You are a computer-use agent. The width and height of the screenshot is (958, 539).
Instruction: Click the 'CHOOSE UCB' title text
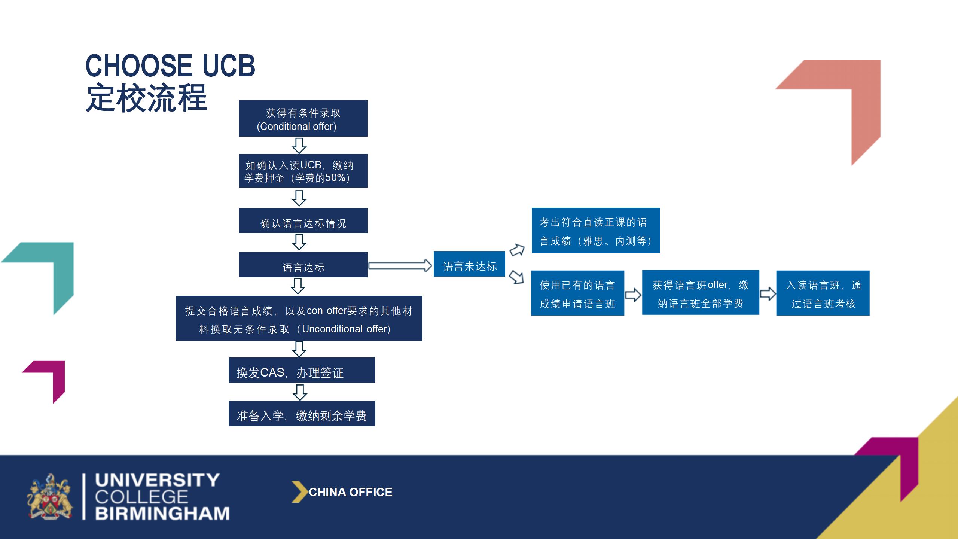(170, 66)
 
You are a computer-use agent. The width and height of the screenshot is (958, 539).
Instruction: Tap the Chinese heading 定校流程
(146, 98)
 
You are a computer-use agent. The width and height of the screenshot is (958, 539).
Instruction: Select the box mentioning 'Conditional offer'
(303, 118)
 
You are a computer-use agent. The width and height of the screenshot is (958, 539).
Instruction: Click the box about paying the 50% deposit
(303, 171)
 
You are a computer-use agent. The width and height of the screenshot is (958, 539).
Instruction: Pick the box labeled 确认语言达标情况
(303, 220)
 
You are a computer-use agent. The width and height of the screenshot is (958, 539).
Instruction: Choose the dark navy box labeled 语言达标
(303, 265)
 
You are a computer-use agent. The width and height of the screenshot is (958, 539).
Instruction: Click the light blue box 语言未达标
(469, 264)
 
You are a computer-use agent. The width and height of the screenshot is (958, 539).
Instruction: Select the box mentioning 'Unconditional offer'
(299, 318)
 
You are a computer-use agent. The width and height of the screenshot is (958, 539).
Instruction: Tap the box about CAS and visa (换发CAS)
(302, 370)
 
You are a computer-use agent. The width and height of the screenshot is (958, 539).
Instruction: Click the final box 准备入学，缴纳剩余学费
(302, 414)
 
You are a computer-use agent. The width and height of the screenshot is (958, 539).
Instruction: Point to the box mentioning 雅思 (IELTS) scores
(596, 230)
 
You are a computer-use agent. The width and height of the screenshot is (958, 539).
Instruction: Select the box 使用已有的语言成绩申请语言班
(577, 293)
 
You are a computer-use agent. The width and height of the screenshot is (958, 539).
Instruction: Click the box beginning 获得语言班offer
(701, 292)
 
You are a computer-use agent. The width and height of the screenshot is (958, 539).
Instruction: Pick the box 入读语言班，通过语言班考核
(823, 293)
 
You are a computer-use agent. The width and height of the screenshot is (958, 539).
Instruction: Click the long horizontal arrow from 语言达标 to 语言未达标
(400, 265)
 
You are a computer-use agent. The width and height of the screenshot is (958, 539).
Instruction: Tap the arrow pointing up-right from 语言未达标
(517, 250)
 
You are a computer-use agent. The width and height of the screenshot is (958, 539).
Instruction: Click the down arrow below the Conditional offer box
(299, 146)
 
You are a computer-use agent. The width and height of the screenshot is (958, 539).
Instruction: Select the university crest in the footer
(50, 497)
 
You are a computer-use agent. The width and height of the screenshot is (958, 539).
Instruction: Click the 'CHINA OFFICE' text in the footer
(351, 492)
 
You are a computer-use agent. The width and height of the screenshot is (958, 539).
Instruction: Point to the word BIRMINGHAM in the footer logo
(162, 513)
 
